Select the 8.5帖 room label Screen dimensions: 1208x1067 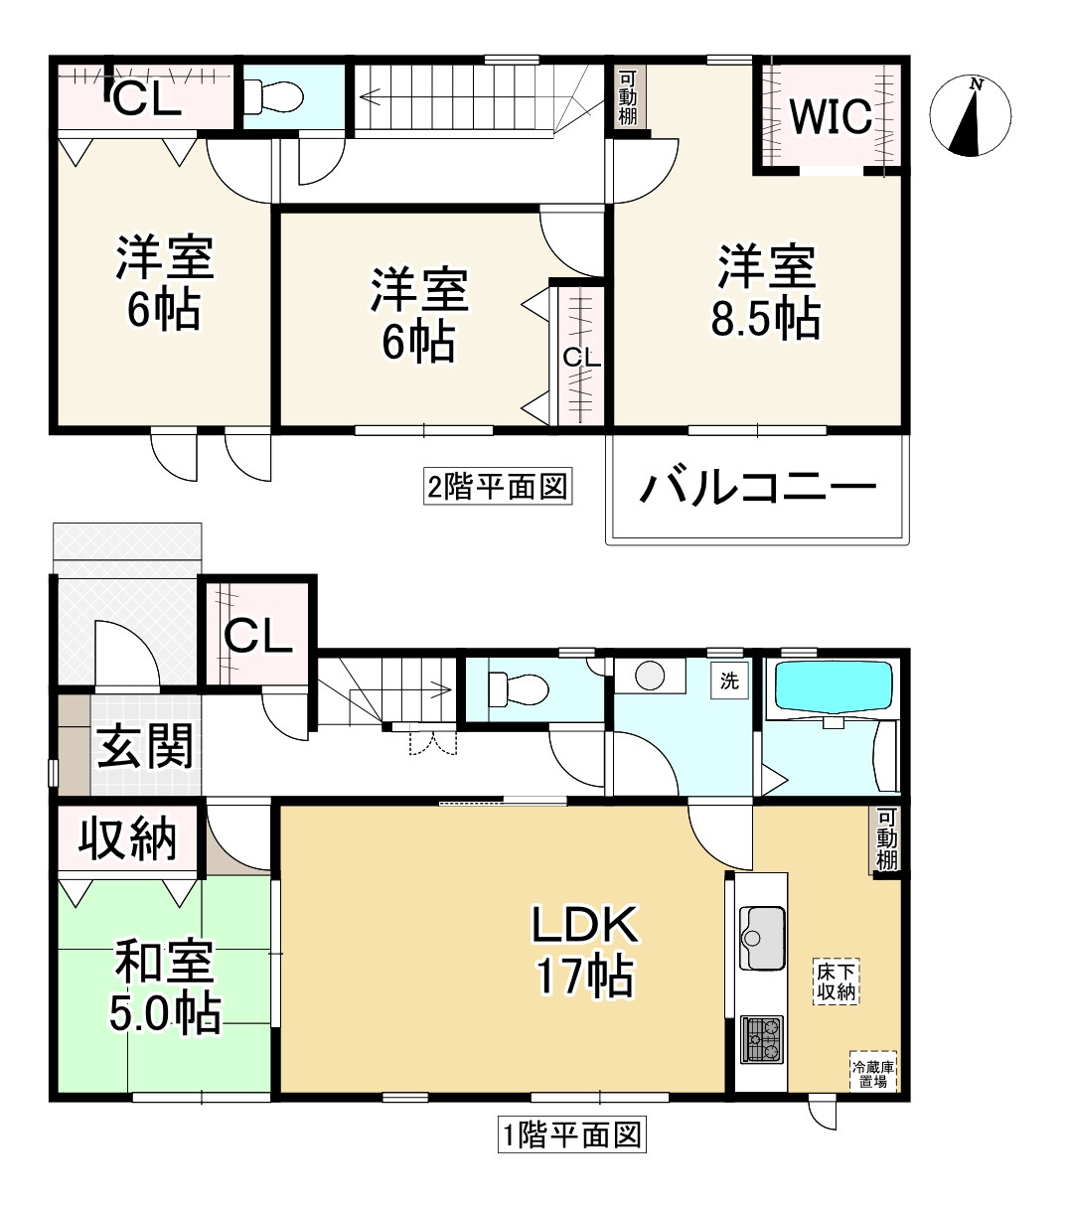point(766,294)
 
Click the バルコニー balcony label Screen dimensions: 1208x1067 point(758,489)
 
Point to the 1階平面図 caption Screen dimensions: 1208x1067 point(571,1134)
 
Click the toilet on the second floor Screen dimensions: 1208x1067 point(277,96)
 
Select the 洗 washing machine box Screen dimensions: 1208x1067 point(730,682)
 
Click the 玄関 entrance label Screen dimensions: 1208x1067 point(144,747)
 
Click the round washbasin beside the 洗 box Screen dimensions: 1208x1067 point(650,677)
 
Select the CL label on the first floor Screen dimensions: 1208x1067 point(257,636)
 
